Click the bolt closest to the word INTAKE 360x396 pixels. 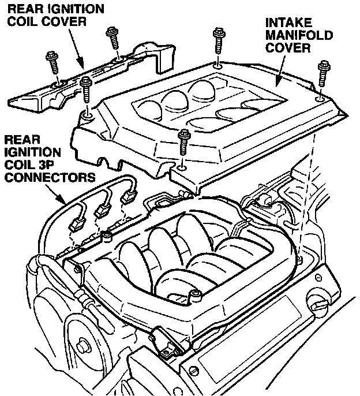point(218,40)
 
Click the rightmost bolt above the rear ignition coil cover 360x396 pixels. point(113,38)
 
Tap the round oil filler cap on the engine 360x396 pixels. point(318,302)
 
